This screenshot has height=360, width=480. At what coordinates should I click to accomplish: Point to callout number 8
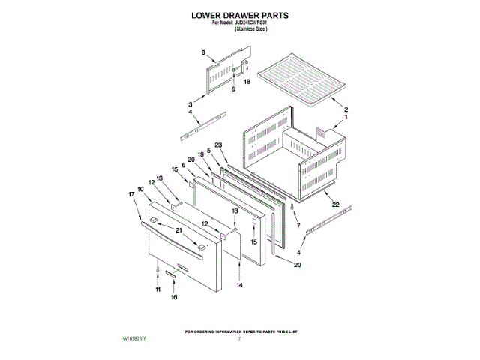click(x=203, y=52)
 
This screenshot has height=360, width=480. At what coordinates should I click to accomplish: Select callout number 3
click(x=190, y=103)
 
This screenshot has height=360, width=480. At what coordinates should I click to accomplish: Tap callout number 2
click(x=346, y=109)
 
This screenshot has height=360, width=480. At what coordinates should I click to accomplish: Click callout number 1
click(x=346, y=118)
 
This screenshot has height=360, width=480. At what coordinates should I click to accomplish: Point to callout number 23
click(x=219, y=145)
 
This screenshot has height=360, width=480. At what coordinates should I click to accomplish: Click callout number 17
click(x=132, y=195)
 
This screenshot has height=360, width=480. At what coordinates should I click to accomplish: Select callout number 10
click(x=140, y=189)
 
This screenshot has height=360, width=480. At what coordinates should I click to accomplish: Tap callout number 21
click(x=179, y=229)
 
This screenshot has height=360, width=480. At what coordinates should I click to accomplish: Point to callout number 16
click(x=174, y=298)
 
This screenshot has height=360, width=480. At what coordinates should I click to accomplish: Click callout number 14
click(x=240, y=286)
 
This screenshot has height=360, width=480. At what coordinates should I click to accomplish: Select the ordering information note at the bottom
click(x=239, y=331)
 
